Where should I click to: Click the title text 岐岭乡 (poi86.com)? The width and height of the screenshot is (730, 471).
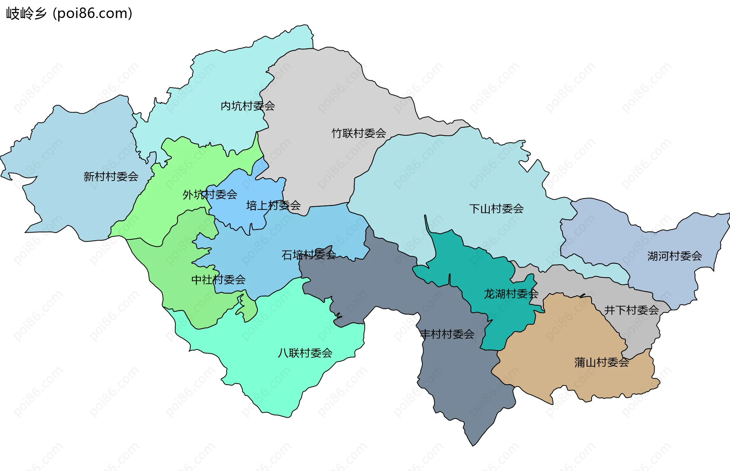click(69, 13)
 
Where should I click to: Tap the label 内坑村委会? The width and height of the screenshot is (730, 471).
click(248, 106)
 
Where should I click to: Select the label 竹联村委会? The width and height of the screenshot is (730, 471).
click(359, 133)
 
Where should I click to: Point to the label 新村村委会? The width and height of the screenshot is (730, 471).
click(111, 177)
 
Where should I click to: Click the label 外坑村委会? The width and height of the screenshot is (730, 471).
click(210, 195)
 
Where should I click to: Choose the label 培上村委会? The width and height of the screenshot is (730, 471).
click(273, 206)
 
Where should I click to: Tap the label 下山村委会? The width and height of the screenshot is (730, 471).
click(496, 209)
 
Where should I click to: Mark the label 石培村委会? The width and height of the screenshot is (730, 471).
click(308, 255)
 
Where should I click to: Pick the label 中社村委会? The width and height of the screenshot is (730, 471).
click(218, 280)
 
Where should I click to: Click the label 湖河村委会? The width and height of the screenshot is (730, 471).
click(674, 256)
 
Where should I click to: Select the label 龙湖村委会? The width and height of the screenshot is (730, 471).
click(511, 294)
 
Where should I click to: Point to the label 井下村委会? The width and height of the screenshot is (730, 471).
click(631, 310)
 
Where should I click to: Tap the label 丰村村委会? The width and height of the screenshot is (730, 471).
click(447, 335)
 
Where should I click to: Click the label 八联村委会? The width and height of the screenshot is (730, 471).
click(305, 353)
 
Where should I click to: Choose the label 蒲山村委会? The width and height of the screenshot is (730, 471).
click(601, 362)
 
